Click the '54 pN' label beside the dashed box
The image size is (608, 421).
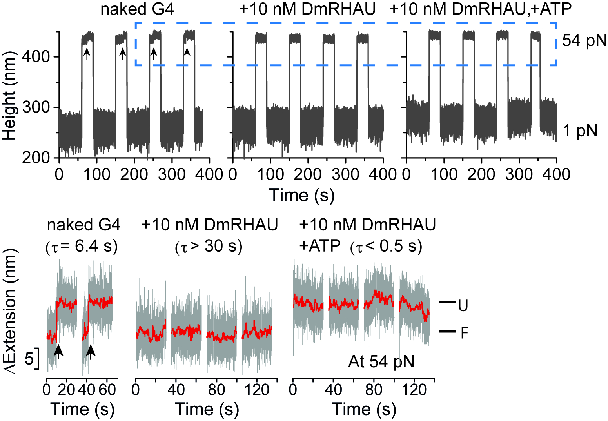point(584,40)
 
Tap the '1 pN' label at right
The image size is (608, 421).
point(580,131)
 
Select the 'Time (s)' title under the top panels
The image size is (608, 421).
point(301,195)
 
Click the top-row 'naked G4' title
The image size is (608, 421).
point(137,9)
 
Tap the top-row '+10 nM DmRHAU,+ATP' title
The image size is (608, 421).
point(481,9)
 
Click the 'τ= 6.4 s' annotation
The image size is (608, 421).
point(82,247)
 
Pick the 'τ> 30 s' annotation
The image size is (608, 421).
point(209,247)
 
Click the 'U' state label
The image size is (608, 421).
point(463,305)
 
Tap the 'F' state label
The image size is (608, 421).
point(464,333)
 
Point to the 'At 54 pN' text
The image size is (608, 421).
point(381,361)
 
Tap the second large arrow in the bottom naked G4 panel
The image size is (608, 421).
point(91,351)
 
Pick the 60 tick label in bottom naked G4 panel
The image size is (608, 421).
point(107,390)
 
